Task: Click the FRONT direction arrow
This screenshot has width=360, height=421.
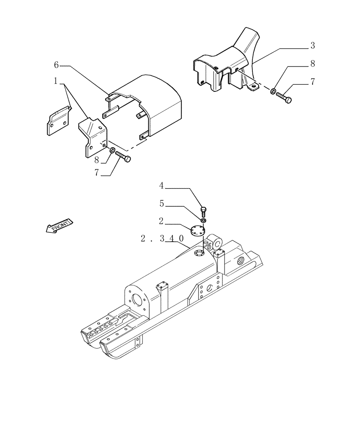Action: point(58,226)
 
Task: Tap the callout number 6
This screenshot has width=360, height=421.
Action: point(57,65)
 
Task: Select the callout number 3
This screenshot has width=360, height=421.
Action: point(312,45)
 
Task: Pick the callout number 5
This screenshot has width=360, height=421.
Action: point(162,203)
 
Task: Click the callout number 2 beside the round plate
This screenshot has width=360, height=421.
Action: point(161,220)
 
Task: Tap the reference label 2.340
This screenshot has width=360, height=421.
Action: point(162,238)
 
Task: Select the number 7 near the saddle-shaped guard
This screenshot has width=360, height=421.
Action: point(312,82)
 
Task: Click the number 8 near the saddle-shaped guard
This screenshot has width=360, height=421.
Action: point(312,64)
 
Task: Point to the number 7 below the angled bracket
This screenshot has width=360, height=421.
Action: point(97,173)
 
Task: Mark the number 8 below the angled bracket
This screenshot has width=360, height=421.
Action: point(97,160)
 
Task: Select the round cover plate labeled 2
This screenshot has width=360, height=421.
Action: point(196,231)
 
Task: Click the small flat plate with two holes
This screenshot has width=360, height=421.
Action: point(57,122)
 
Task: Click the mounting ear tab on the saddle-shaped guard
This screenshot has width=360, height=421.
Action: point(253,87)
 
